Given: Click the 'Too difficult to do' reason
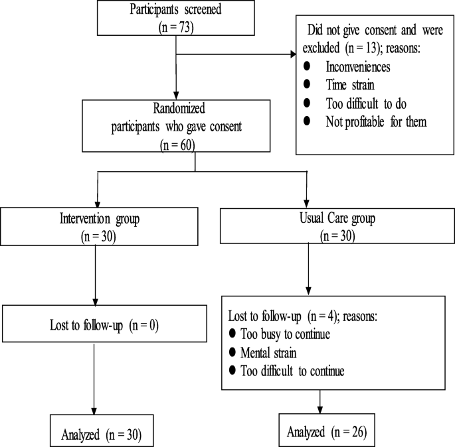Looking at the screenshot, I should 365,103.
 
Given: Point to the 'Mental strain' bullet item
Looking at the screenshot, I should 269,351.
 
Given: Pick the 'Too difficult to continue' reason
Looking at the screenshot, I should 293,370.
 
